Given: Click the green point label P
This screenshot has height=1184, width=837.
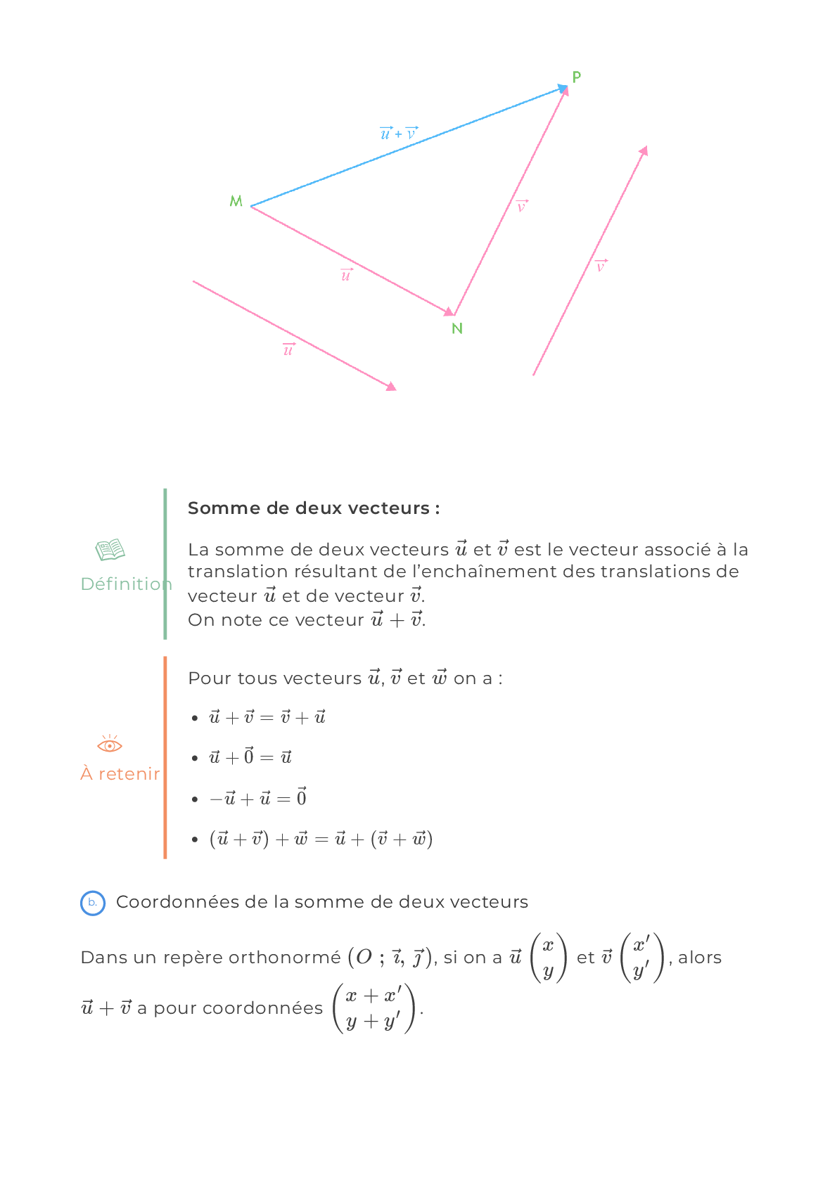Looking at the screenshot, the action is coord(576,77).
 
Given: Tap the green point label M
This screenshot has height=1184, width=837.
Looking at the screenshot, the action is coord(236,201).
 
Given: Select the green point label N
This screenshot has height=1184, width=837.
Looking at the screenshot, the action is coord(457,329).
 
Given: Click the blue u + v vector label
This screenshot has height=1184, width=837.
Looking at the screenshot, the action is coord(399,133).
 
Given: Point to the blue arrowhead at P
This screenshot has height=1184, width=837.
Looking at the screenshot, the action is coord(563,89).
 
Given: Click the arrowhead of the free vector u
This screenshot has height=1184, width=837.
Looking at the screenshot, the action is coord(391,387).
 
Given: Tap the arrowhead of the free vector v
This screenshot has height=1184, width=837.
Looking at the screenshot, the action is coord(644,151).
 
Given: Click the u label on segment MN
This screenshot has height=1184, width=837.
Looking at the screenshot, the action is coord(346,275).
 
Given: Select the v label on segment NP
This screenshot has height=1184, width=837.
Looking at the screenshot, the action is coord(522,206).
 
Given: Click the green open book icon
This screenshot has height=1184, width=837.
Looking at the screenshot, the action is coord(110,550).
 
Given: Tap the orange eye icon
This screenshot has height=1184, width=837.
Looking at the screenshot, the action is coord(110,744).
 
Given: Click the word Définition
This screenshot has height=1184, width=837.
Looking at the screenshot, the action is coord(127,584).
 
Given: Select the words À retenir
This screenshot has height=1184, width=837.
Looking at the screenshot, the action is coord(120,773).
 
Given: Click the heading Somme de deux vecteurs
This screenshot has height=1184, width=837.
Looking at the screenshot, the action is coord(314,508).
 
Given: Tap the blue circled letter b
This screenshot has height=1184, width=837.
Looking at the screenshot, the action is coord(93,903).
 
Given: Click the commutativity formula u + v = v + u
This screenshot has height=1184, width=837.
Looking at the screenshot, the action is coord(267,717).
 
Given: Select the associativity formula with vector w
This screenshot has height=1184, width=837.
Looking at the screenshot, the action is coord(321,839).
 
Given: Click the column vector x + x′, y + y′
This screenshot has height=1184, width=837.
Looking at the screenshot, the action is coord(373,1008).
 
